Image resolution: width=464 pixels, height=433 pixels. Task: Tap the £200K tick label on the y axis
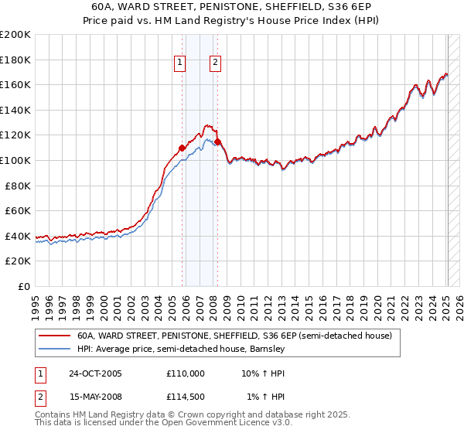click(15, 35)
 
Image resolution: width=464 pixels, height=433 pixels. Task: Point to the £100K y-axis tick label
click(15, 161)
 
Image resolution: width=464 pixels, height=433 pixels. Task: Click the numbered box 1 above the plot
click(179, 63)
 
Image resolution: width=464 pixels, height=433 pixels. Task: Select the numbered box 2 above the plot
click(214, 63)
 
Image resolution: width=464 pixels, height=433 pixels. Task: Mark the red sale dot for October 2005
click(183, 148)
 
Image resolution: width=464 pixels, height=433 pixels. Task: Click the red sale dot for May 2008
click(218, 142)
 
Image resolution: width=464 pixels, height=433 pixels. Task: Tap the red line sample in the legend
click(54, 336)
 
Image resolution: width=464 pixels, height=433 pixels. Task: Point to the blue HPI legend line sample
click(54, 349)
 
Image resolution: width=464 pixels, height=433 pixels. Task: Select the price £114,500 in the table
click(185, 397)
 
